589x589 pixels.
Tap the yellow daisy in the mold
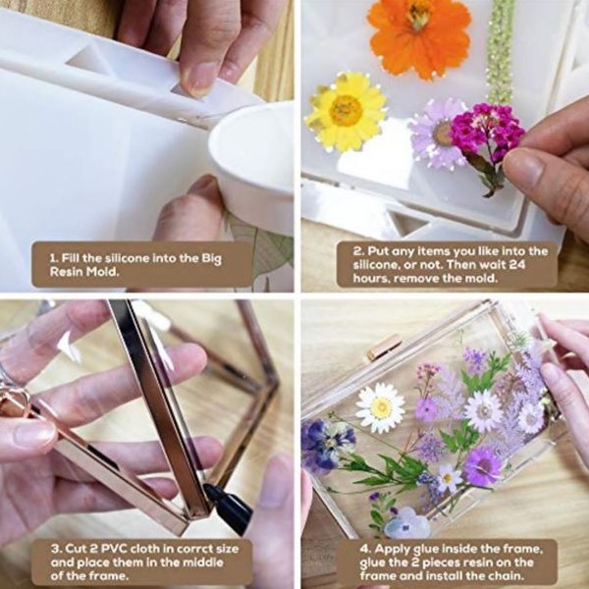tap(346, 112)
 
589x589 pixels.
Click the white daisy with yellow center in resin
tap(381, 407)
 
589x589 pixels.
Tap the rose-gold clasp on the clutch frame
tap(384, 348)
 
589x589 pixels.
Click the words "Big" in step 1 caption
tap(211, 259)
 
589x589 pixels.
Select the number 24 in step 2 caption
tap(517, 264)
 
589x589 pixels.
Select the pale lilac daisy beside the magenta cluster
tap(436, 134)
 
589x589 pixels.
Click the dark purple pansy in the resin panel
tap(326, 444)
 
